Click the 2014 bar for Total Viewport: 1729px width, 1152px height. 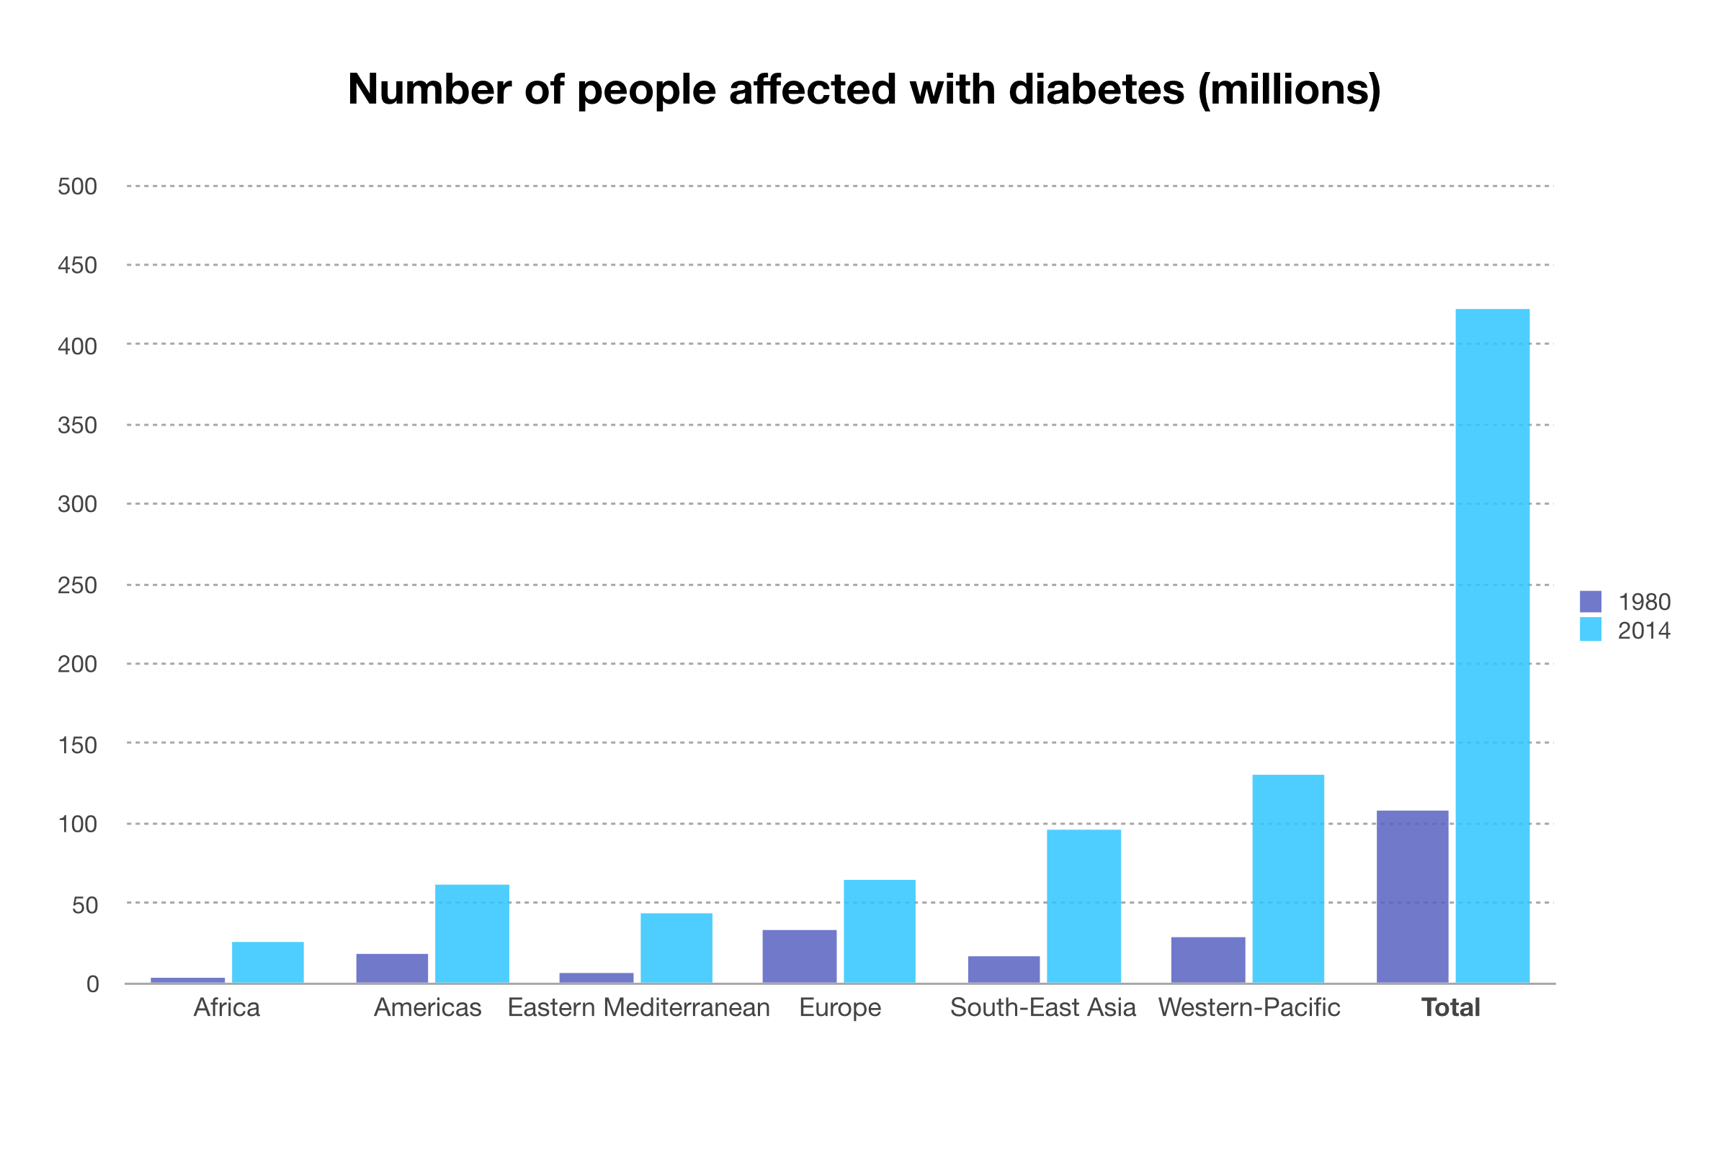click(1492, 646)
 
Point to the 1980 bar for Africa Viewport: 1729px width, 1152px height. click(187, 980)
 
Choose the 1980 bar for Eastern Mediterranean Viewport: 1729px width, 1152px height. click(597, 978)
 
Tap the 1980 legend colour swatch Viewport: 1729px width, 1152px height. click(1591, 602)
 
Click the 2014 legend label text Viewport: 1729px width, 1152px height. click(1645, 631)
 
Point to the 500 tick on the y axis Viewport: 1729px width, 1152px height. click(77, 186)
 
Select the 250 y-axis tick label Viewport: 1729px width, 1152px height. click(77, 585)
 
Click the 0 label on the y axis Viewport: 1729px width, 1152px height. click(93, 984)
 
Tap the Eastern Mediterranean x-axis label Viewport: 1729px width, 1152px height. click(638, 1007)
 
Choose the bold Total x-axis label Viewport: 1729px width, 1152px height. click(1450, 1007)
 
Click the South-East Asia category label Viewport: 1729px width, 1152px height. click(1042, 1007)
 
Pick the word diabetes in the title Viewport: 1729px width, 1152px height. click(1096, 89)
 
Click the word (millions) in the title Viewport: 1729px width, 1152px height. click(1290, 89)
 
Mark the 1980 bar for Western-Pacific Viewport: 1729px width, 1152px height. click(1208, 960)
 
